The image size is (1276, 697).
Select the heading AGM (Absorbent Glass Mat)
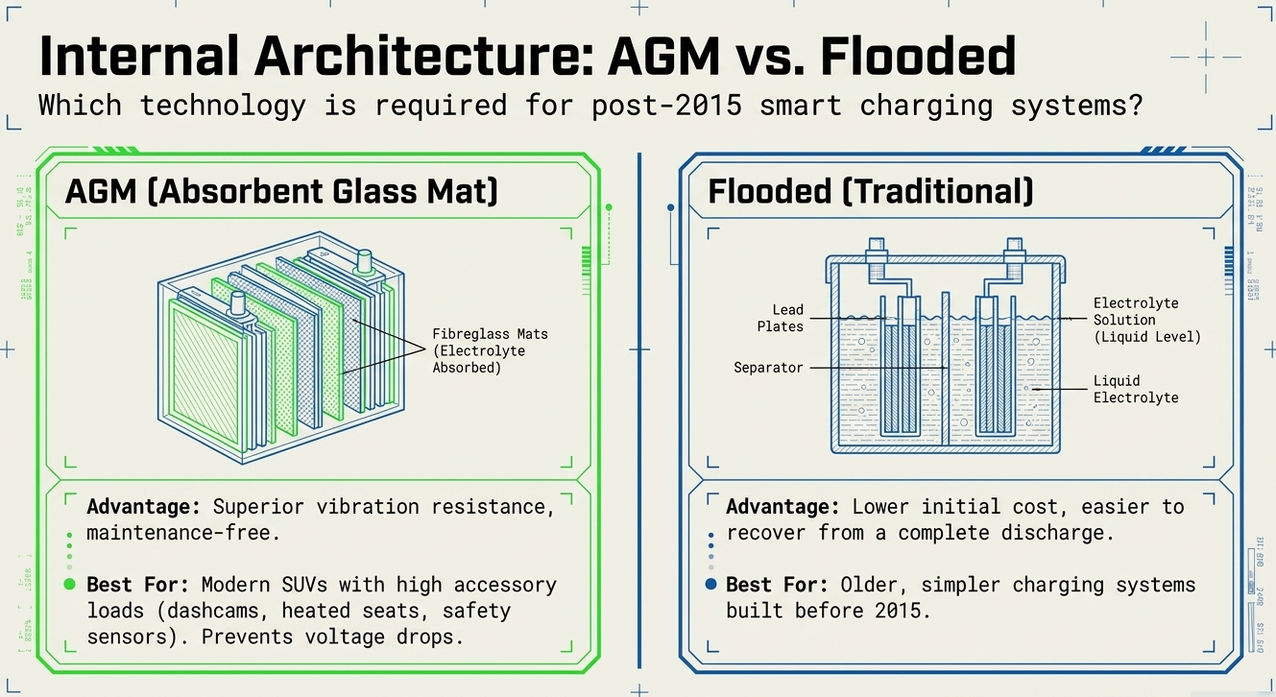pos(281,192)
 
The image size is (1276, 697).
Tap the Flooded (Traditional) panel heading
pos(870,192)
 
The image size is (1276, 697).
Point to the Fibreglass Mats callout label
pos(490,350)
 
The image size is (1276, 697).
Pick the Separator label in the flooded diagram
pos(768,367)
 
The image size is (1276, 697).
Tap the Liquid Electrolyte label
pos(1135,389)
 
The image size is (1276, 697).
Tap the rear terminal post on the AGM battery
pos(364,261)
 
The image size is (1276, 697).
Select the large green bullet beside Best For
pos(69,585)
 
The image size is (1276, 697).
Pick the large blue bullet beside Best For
pos(710,584)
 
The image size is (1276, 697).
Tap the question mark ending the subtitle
pos(1135,106)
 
